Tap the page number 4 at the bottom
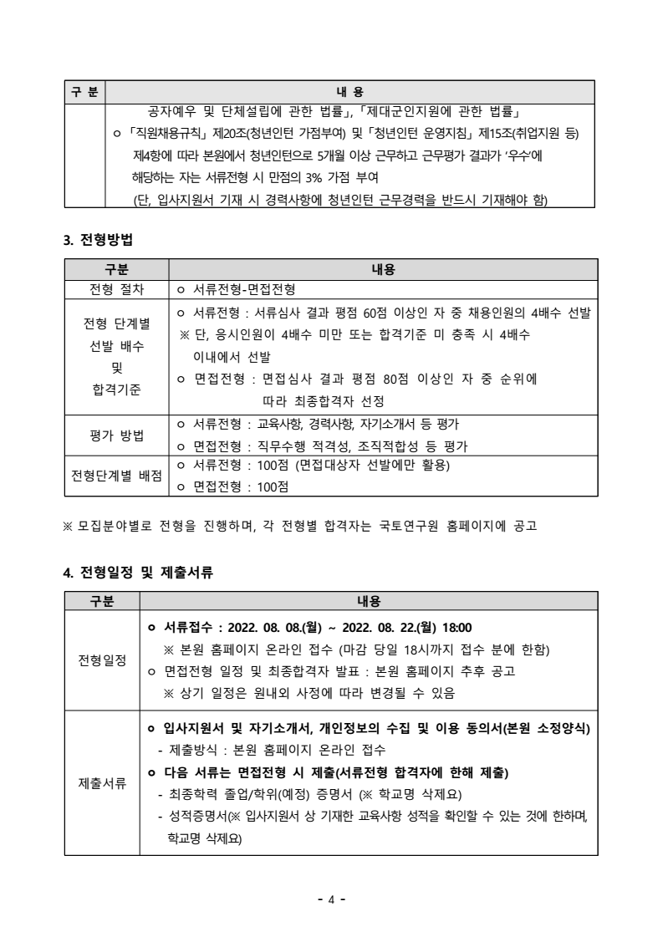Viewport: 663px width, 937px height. tap(331, 899)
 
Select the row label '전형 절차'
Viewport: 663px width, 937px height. tap(116, 290)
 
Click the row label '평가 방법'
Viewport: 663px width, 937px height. tap(116, 435)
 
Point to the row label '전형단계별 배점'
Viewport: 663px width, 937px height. tap(116, 476)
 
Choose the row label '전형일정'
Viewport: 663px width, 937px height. tap(102, 659)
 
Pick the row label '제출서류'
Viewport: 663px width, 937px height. tap(102, 782)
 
